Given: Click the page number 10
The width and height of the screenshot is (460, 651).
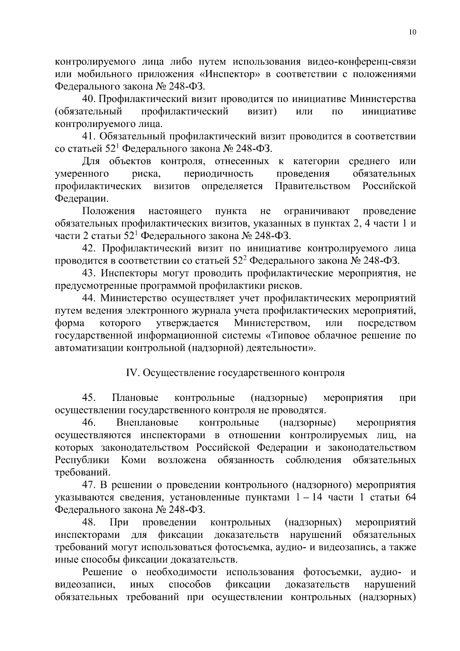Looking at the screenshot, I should tap(412, 33).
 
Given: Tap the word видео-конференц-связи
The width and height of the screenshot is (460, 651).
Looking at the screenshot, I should tap(362, 62).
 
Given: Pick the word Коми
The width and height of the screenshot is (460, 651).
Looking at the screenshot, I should tap(133, 460).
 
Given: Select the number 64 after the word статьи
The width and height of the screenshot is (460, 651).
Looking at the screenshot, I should tap(409, 498).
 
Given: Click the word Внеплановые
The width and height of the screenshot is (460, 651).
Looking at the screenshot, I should tap(147, 423).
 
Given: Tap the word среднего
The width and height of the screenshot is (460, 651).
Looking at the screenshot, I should tap(369, 162).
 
